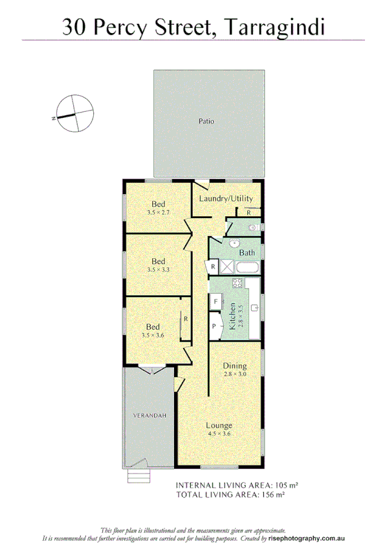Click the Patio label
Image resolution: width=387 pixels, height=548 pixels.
[206, 121]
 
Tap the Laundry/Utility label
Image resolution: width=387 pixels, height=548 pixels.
[226, 199]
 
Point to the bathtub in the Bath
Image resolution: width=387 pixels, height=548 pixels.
[248, 267]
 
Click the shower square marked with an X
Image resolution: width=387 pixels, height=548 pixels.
[227, 267]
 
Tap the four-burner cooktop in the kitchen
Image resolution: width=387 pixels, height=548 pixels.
[238, 283]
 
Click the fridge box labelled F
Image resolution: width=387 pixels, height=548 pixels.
[215, 302]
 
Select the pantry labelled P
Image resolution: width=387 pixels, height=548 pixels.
[214, 326]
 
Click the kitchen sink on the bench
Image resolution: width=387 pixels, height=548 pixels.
[256, 307]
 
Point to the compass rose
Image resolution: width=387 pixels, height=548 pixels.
[73, 113]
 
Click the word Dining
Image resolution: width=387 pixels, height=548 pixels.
[235, 366]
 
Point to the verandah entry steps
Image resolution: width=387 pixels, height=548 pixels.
[138, 477]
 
